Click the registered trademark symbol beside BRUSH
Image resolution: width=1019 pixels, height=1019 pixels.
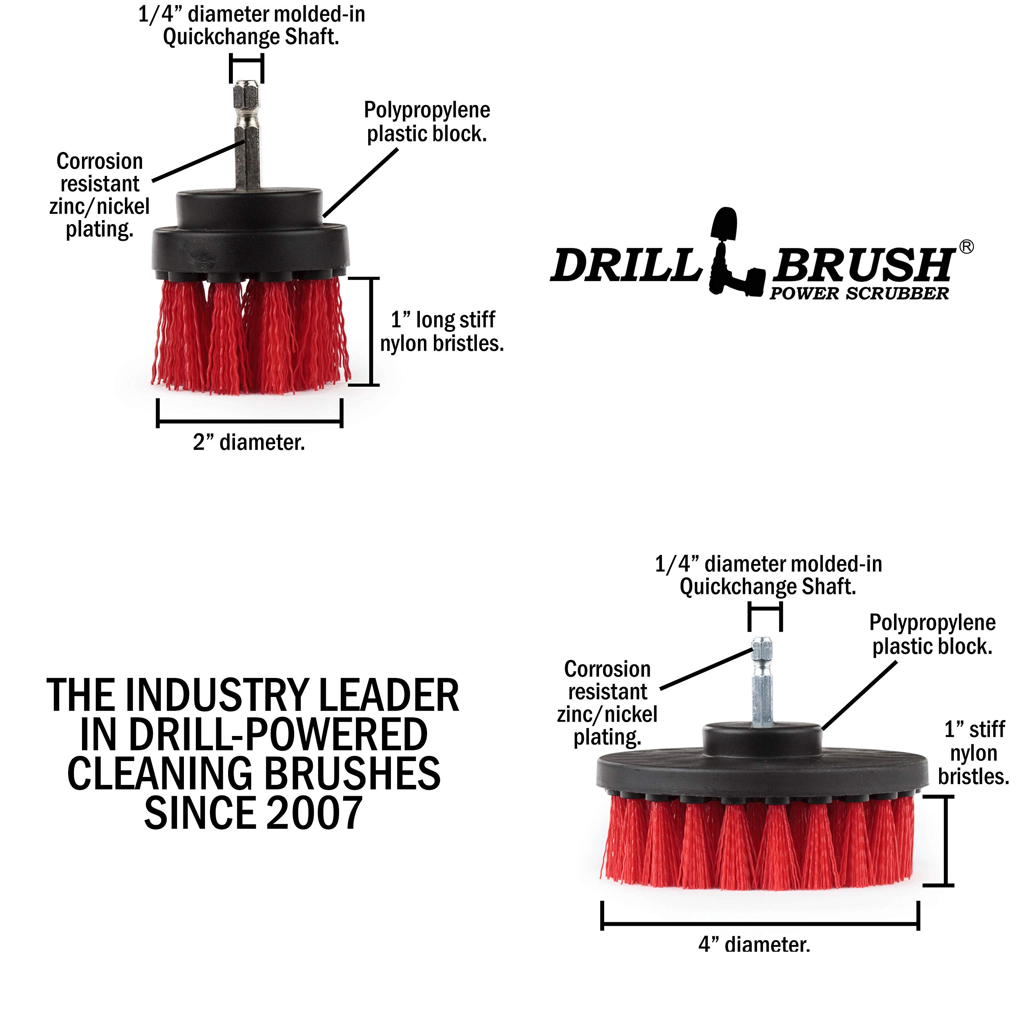(966, 247)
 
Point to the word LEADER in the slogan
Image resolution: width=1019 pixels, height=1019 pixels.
(389, 696)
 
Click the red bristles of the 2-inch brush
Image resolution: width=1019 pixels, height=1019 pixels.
(250, 338)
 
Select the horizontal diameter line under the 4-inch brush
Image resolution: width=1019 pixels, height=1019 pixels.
(760, 923)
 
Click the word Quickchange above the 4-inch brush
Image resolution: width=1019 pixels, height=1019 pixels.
(737, 586)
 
